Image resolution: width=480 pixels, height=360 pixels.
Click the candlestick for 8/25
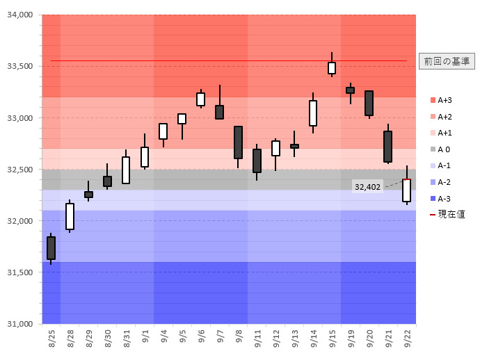tap(51, 248)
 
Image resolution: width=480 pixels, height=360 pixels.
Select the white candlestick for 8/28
tap(70, 216)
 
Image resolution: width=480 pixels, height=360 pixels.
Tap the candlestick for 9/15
tap(332, 67)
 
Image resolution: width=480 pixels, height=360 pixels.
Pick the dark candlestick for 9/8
tap(238, 142)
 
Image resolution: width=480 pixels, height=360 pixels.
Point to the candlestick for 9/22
tap(406, 190)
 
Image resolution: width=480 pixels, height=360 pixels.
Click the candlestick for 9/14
tap(313, 113)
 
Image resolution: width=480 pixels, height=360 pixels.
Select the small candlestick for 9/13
tap(294, 146)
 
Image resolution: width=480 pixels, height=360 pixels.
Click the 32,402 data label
tap(367, 186)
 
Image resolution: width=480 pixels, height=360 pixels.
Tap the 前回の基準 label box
tap(447, 61)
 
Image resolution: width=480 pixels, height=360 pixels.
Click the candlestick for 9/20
tap(369, 103)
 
